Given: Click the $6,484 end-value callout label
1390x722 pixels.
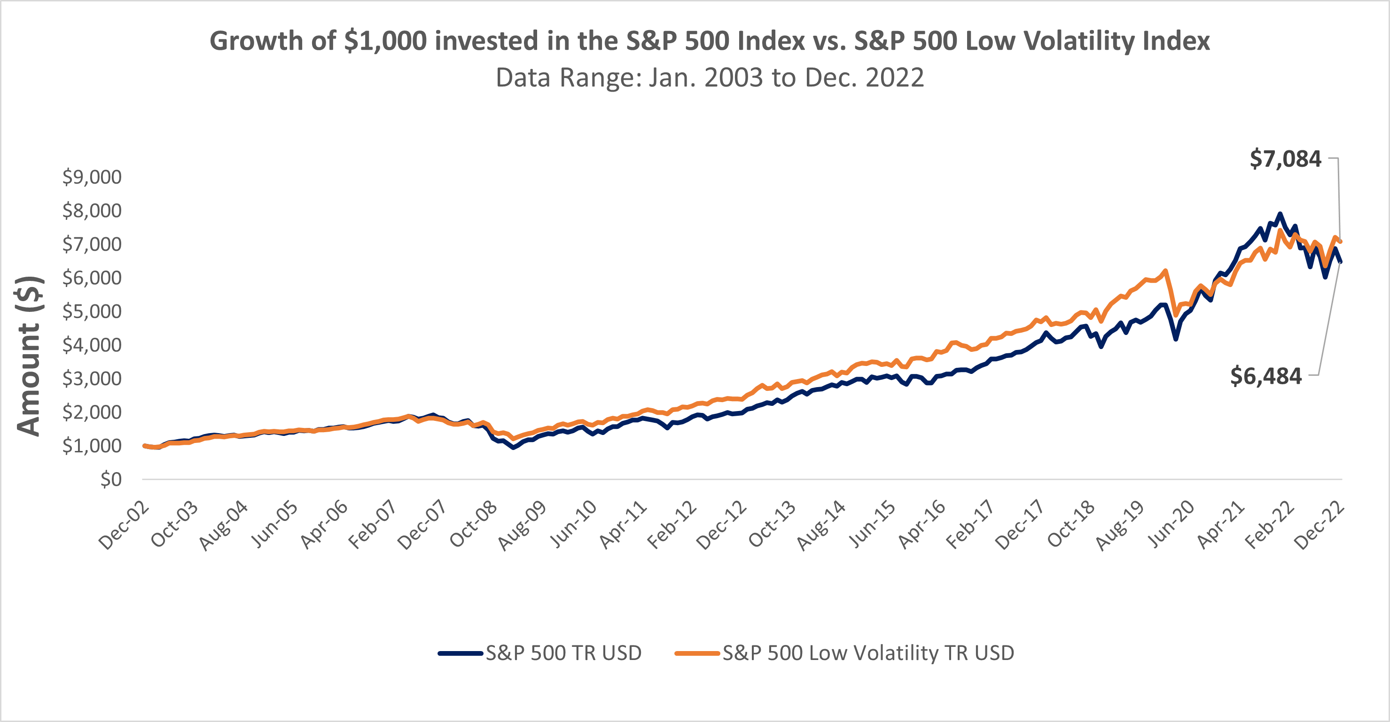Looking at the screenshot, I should click(1265, 376).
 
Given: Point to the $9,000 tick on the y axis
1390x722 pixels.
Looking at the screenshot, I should click(92, 177).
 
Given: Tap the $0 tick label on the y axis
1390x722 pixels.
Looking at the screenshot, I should click(110, 479).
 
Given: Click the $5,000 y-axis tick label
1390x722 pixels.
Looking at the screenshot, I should click(92, 311).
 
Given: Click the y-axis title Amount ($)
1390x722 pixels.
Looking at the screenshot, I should click(29, 356).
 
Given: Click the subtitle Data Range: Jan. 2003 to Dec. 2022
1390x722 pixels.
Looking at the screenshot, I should click(709, 78).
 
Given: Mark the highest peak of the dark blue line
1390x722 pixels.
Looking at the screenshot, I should click(1280, 214).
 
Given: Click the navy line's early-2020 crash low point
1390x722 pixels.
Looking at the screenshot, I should click(1175, 339).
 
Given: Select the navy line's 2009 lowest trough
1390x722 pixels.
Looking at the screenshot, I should click(513, 448).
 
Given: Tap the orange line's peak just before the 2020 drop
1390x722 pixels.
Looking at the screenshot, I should click(1165, 271).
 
